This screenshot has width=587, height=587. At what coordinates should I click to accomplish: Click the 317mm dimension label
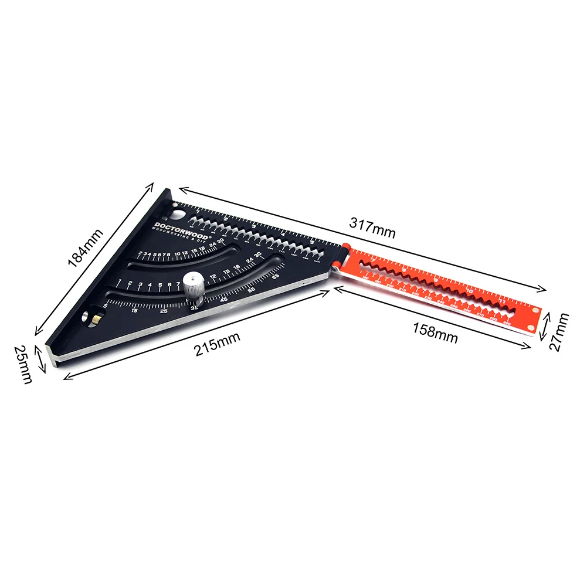[x=372, y=226]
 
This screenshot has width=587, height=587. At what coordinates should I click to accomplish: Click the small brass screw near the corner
[x=95, y=318]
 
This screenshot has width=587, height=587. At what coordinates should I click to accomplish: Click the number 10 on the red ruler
[x=469, y=290]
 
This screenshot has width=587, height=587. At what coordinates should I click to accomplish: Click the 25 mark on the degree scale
[x=164, y=311]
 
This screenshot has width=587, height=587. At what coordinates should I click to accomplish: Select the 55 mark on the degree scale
[x=252, y=289]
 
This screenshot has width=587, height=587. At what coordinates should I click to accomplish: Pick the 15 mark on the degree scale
[x=135, y=311]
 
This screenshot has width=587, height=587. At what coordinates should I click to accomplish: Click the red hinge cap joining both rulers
[x=346, y=247]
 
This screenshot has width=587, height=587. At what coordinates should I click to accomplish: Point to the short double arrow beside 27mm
[x=546, y=323]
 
